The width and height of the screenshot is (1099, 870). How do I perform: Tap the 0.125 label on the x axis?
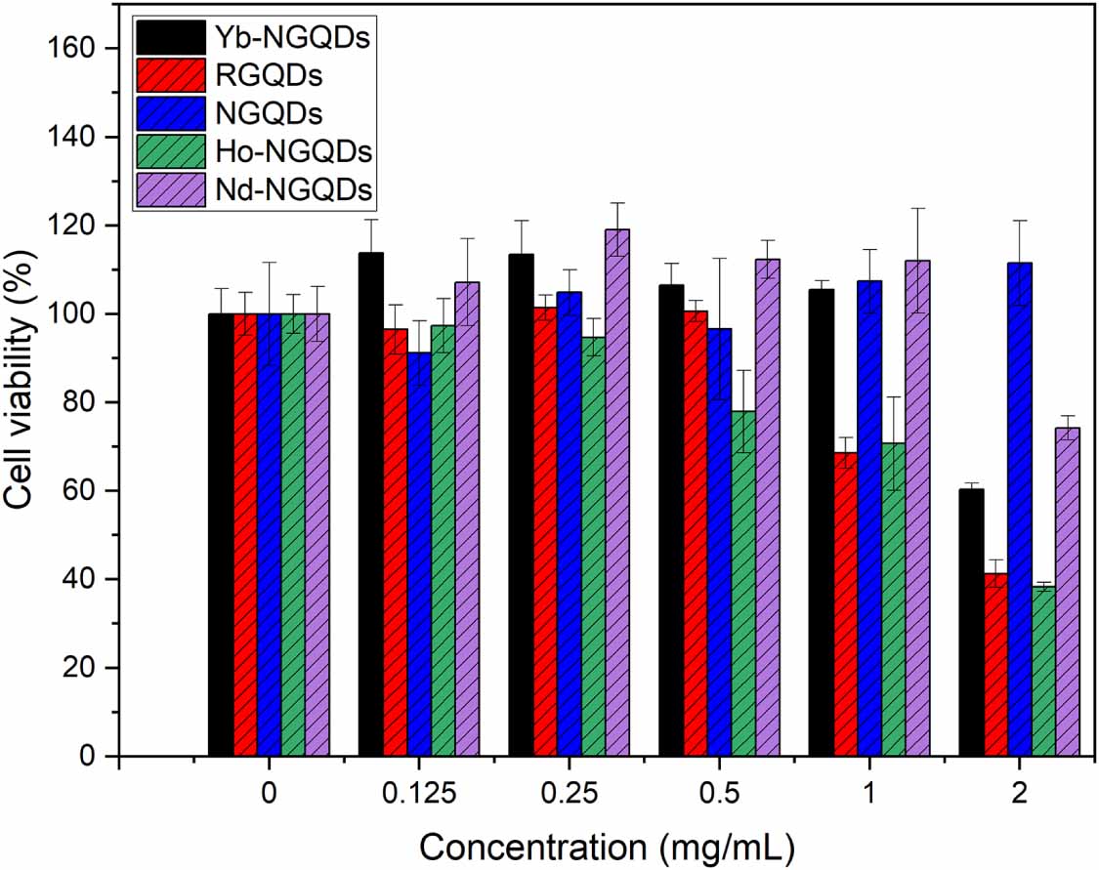[418, 795]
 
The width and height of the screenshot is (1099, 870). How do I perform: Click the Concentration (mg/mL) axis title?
[607, 846]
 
